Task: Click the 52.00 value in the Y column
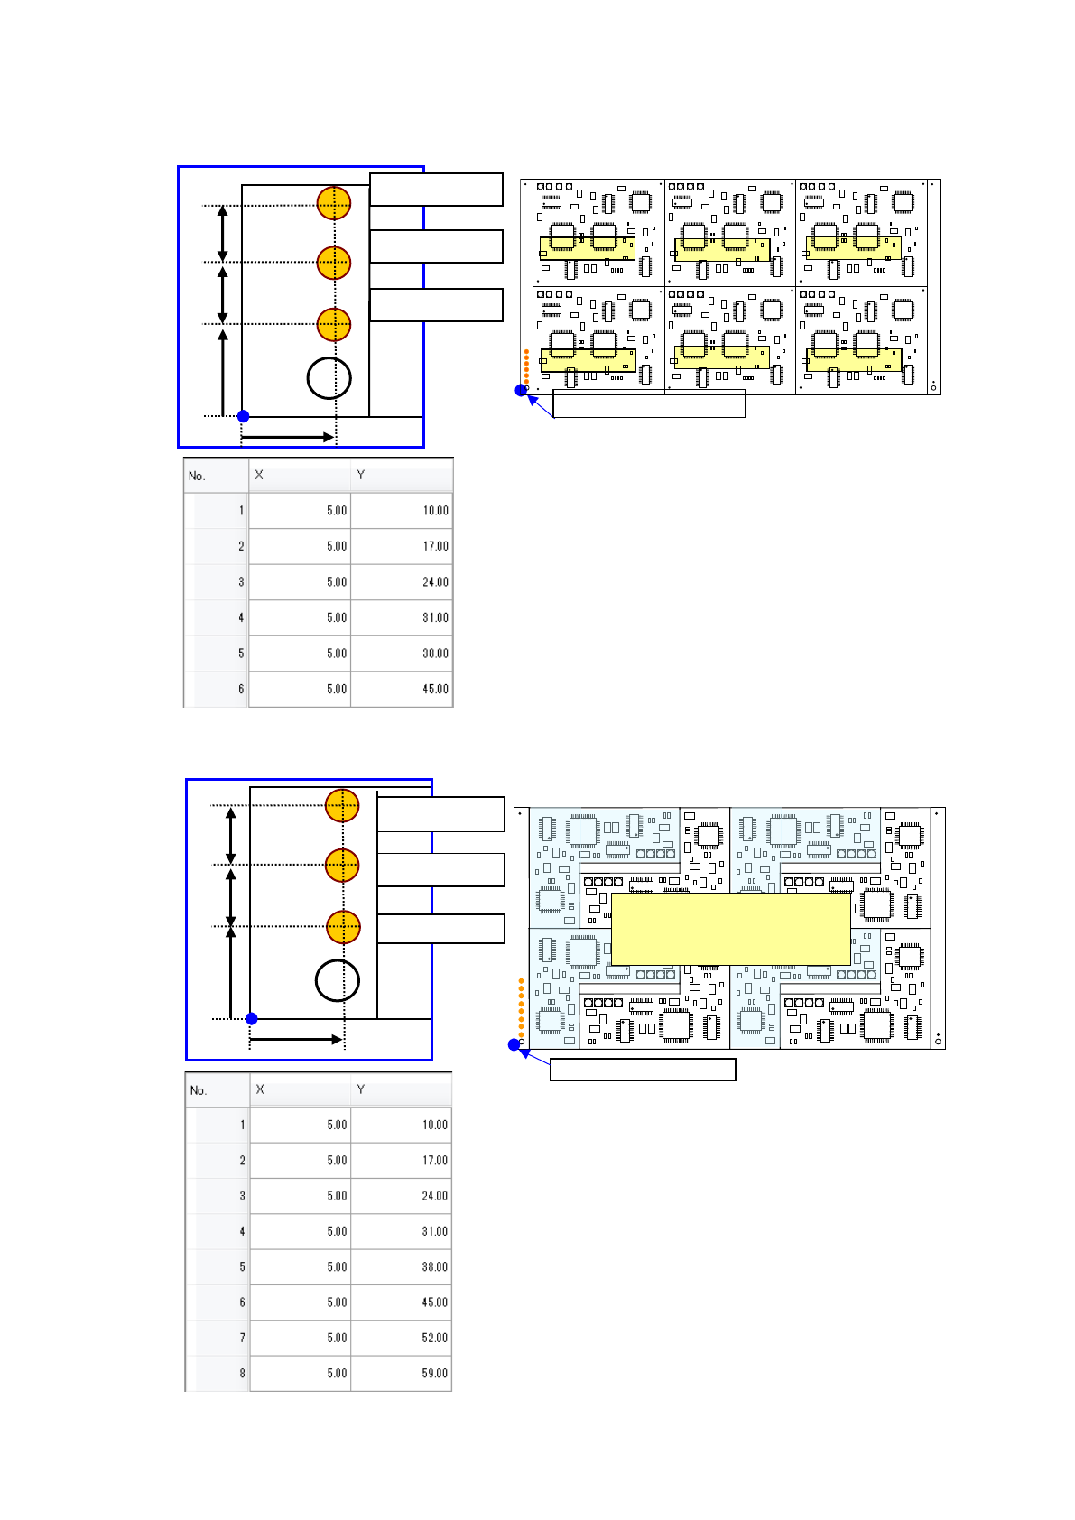click(434, 1338)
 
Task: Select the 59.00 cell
click(434, 1373)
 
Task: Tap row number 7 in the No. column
click(242, 1338)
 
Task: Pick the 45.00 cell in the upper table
click(435, 689)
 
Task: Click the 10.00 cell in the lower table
click(434, 1125)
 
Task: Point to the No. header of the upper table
click(198, 476)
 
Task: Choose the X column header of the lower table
click(260, 1089)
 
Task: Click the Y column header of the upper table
click(361, 475)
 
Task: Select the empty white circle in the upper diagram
click(329, 378)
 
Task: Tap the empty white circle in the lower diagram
click(338, 980)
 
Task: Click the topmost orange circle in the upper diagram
click(334, 203)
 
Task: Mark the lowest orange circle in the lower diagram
click(343, 926)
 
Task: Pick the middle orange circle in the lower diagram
click(342, 865)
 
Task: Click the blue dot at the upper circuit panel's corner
click(521, 390)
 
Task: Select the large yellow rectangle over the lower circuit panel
click(730, 929)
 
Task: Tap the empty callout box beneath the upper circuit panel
click(649, 403)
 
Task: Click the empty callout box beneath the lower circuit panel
click(643, 1070)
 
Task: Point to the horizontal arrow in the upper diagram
click(287, 437)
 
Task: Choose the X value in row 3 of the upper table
click(337, 582)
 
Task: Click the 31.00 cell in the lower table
click(434, 1231)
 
